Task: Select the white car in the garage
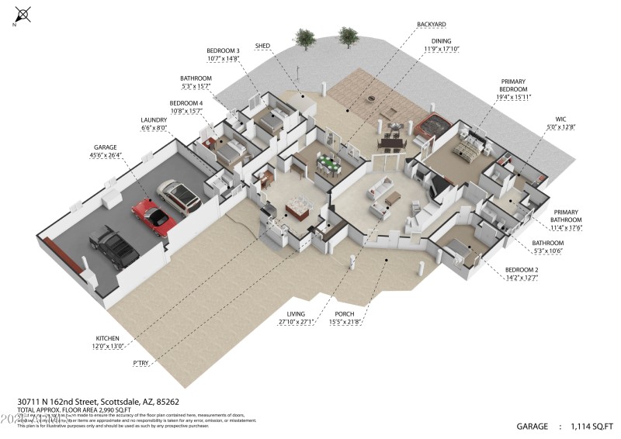179,197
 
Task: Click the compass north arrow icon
23,14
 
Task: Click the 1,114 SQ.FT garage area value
592,426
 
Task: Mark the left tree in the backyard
304,38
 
